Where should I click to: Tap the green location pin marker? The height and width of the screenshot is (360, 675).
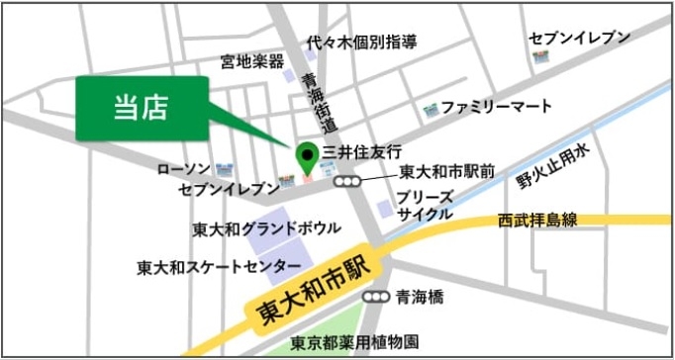point(307,155)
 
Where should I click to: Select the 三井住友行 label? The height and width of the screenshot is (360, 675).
point(363,152)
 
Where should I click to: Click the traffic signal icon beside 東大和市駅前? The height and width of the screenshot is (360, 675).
point(346,182)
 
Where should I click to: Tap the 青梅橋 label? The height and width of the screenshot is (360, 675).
point(422,295)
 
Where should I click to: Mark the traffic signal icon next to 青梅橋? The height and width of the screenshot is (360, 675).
point(376,296)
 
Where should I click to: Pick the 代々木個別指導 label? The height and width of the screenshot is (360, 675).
point(361,43)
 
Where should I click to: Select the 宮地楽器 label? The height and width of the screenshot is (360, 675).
point(252,62)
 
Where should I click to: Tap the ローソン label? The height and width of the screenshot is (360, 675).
point(183,169)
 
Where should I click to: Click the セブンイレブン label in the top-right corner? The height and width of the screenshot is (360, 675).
point(579,38)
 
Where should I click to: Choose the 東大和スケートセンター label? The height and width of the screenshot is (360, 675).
point(219,267)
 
